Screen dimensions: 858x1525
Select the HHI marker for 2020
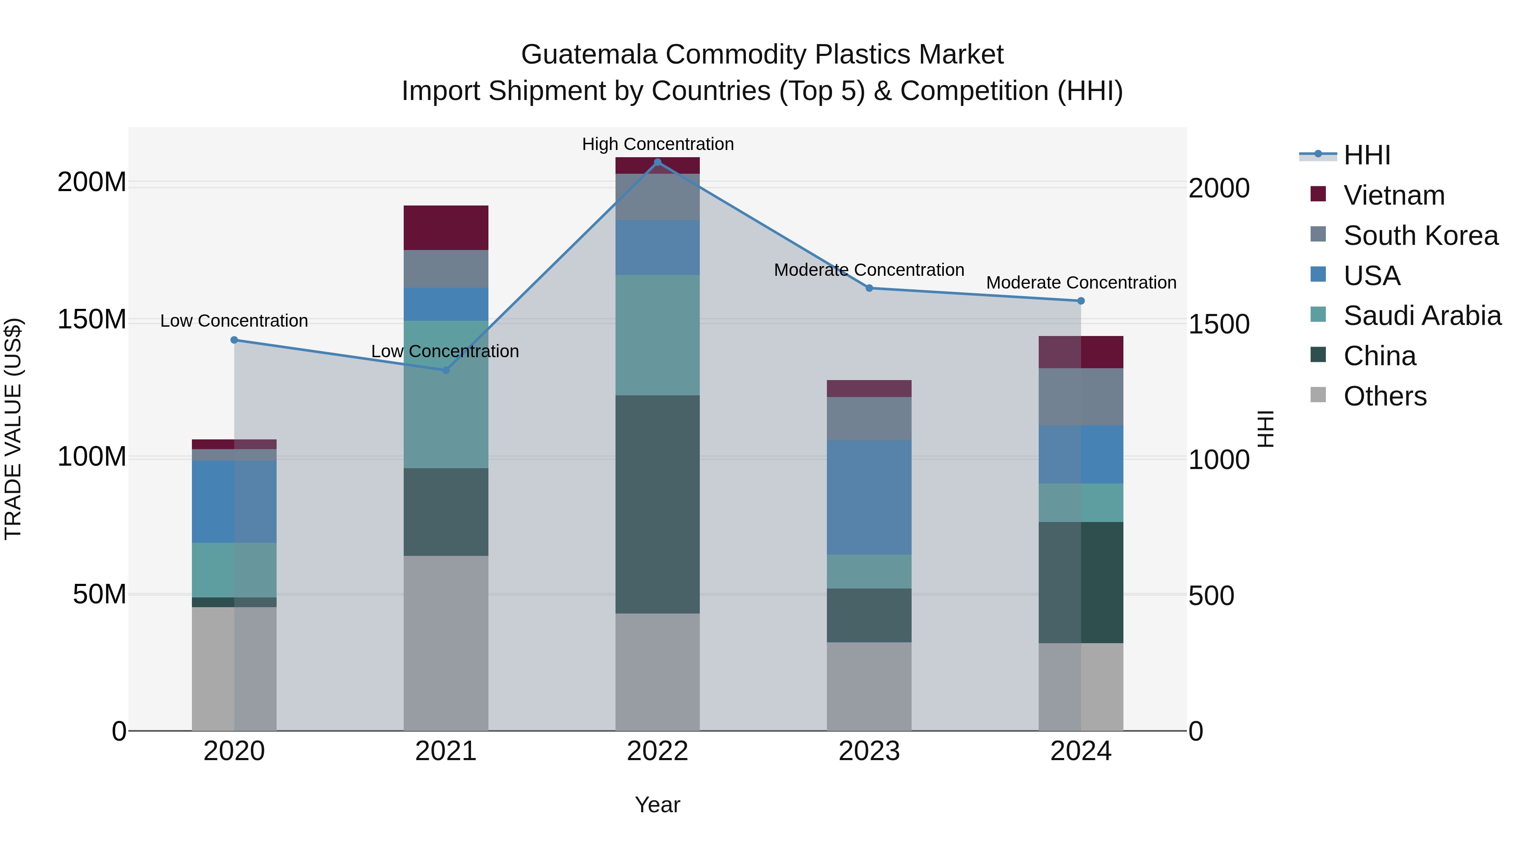click(234, 340)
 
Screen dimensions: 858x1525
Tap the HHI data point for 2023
click(869, 289)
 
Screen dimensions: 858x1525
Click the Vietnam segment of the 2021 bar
click(446, 228)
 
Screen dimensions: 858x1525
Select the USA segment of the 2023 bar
click(869, 497)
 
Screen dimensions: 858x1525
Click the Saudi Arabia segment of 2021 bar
click(446, 394)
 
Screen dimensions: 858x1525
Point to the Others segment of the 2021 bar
click(446, 643)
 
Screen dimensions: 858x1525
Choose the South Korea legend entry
click(1420, 236)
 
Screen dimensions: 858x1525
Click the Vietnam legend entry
click(1394, 195)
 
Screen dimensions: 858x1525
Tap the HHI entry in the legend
click(1366, 155)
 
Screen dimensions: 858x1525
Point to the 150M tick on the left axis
click(92, 320)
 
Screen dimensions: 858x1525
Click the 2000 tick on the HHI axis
click(1219, 188)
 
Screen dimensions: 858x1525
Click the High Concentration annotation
click(658, 144)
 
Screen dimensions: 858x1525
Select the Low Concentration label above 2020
click(234, 321)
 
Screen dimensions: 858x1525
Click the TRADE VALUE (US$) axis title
click(13, 429)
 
